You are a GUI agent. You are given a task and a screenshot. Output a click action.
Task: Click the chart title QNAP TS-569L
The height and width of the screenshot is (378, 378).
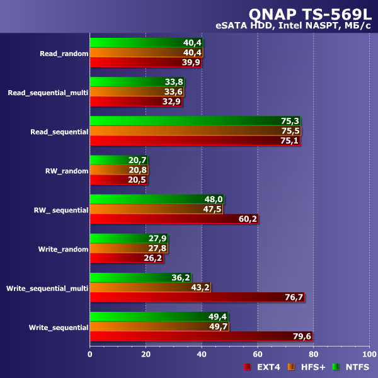click(x=310, y=13)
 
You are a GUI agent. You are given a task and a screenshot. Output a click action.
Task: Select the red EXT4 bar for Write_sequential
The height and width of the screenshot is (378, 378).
click(x=202, y=336)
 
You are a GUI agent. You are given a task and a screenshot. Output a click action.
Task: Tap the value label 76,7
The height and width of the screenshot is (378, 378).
click(x=294, y=297)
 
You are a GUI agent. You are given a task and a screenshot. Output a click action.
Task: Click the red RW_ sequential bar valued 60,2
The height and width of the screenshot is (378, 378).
click(x=173, y=219)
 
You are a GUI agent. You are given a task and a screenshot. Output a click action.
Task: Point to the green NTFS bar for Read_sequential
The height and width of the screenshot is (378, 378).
click(x=195, y=121)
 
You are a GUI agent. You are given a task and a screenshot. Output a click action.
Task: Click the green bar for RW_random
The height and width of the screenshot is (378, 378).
click(x=119, y=160)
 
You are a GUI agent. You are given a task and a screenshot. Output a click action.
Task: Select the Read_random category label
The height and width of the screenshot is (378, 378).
click(x=64, y=54)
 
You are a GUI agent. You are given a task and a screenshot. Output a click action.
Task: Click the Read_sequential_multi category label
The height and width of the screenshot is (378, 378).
click(x=48, y=93)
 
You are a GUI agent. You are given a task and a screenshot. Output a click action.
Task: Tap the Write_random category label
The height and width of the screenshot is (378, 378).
click(x=63, y=249)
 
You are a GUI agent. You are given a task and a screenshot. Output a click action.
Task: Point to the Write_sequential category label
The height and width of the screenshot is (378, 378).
click(x=59, y=328)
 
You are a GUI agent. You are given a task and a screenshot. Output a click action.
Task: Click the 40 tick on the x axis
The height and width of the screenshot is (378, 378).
click(x=202, y=355)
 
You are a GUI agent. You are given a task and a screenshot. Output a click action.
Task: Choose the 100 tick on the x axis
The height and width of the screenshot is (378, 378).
click(x=369, y=355)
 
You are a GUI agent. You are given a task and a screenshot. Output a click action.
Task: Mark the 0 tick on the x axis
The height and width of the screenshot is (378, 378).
click(x=90, y=355)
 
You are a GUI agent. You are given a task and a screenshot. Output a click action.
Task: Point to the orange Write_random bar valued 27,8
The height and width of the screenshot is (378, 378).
click(x=129, y=248)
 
